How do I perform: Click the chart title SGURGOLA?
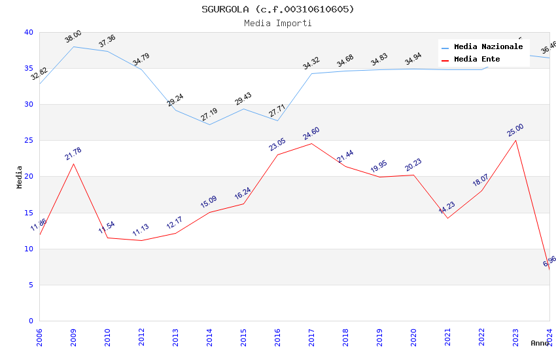pyautogui.click(x=277, y=9)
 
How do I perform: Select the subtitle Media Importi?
pyautogui.click(x=277, y=23)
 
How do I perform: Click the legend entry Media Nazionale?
pyautogui.click(x=488, y=47)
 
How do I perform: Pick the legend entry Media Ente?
pyautogui.click(x=477, y=59)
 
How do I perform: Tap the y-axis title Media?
pyautogui.click(x=20, y=177)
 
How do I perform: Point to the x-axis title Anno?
pyautogui.click(x=540, y=343)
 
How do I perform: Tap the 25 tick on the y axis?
pyautogui.click(x=28, y=141)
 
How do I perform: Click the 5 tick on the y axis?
pyautogui.click(x=30, y=285)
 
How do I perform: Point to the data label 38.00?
pyautogui.click(x=73, y=37)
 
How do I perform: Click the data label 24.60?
pyautogui.click(x=311, y=134)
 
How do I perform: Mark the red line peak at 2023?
pyautogui.click(x=515, y=141)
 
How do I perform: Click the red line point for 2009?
pyautogui.click(x=73, y=164)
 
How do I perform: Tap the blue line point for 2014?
pyautogui.click(x=209, y=124)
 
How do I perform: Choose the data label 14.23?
pyautogui.click(x=447, y=208)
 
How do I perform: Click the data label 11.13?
pyautogui.click(x=141, y=230)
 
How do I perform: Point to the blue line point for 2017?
pyautogui.click(x=311, y=73)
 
